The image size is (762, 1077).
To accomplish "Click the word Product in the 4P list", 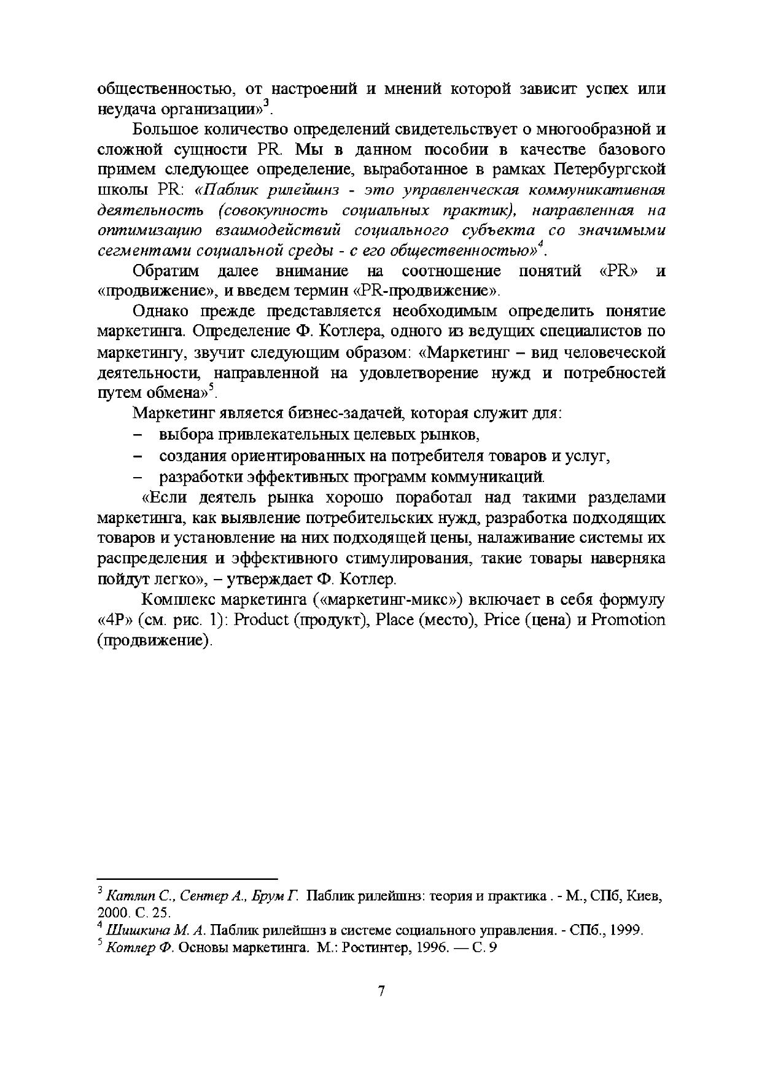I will (x=260, y=620).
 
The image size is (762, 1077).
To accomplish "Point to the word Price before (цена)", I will (x=502, y=620).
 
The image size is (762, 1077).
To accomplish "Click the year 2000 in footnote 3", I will (x=111, y=912).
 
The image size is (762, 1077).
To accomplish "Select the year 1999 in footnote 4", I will (x=626, y=930).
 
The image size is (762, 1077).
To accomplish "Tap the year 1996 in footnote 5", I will (x=429, y=947).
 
